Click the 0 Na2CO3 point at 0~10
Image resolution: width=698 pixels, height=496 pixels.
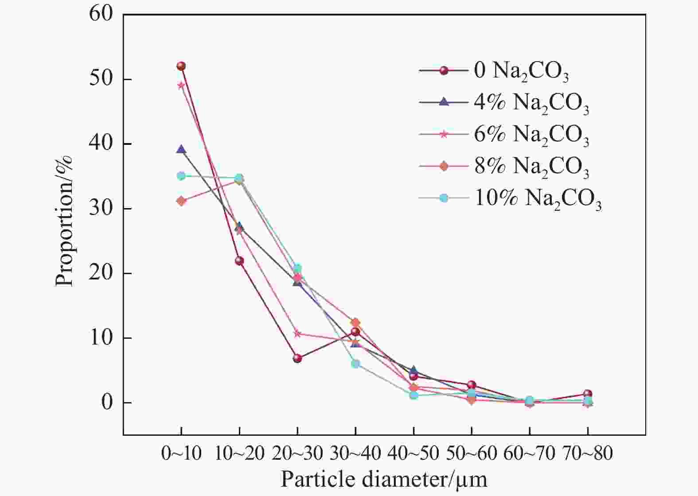pos(181,66)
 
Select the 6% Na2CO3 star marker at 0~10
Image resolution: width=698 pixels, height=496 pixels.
pos(181,85)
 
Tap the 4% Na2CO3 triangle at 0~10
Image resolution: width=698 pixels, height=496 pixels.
pos(181,150)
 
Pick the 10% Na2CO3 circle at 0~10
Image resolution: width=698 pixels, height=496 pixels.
pos(181,176)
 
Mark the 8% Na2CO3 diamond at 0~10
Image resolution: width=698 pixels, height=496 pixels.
pos(181,201)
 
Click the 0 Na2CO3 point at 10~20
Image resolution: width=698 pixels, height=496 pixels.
pos(239,261)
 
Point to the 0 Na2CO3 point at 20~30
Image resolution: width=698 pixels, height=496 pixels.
pos(297,358)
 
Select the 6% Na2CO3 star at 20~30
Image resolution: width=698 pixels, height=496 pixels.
pos(297,333)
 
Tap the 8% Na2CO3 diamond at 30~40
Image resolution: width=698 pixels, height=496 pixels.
pos(355,323)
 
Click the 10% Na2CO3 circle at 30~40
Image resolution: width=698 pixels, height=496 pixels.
pos(355,364)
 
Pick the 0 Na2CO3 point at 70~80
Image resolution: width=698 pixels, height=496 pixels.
pos(588,394)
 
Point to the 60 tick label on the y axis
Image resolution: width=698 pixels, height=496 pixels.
pos(101,14)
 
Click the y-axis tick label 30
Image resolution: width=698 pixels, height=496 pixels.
pos(101,209)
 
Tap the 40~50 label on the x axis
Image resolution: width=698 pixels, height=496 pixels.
pos(413,453)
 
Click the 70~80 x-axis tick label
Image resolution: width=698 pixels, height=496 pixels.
pos(588,453)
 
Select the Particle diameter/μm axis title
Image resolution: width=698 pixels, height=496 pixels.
pos(384,480)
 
